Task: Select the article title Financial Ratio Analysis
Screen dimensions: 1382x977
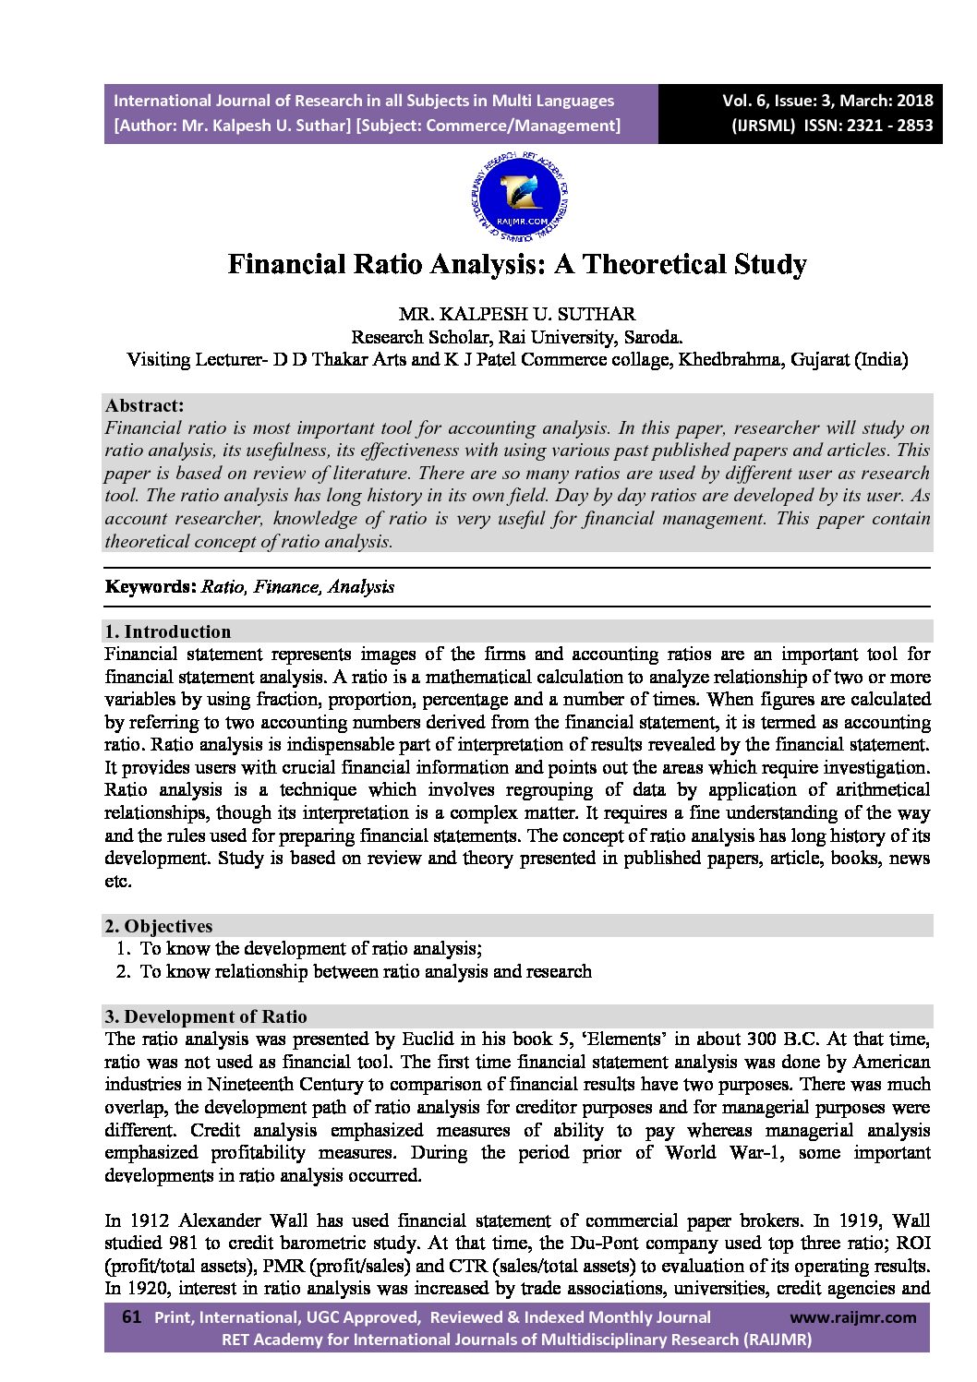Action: tap(517, 265)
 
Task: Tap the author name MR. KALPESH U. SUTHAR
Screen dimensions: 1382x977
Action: tap(517, 315)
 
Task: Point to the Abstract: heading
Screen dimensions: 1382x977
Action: tap(144, 405)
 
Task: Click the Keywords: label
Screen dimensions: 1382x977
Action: tap(151, 586)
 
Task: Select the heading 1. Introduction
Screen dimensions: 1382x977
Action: tap(167, 631)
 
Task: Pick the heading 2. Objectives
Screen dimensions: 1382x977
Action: tap(158, 926)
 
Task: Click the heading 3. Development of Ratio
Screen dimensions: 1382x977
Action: tap(205, 1016)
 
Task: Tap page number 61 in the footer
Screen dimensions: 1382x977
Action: tap(130, 1317)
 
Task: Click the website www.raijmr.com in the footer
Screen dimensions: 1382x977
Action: tap(853, 1317)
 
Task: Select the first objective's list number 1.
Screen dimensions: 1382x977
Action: tap(123, 948)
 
